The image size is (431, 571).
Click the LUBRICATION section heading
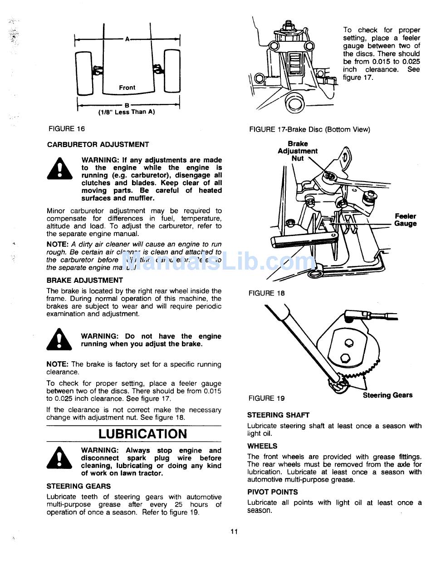pos(142,434)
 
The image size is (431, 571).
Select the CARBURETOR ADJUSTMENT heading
pos(98,145)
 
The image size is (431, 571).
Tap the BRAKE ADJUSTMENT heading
pos(84,281)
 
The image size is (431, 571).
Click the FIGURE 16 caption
pos(67,129)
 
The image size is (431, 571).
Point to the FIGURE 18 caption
pos(267,293)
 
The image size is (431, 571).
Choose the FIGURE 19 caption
pos(267,399)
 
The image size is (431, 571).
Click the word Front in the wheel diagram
pos(127,88)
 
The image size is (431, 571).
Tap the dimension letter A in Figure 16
pos(127,39)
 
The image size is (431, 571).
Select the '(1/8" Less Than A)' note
pos(127,112)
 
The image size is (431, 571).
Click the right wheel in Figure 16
pos(171,70)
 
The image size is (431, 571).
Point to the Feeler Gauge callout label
pos(405,220)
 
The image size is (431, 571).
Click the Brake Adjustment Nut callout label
pos(298,151)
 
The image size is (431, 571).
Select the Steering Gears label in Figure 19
pos(387,395)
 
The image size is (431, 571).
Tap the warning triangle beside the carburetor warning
pos(59,169)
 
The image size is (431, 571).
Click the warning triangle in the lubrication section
pos(59,459)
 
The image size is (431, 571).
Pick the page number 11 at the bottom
pos(234,532)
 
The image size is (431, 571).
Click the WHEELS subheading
pos(262,446)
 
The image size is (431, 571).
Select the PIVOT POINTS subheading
pos(273,492)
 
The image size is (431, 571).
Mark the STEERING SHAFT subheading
pos(278,415)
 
